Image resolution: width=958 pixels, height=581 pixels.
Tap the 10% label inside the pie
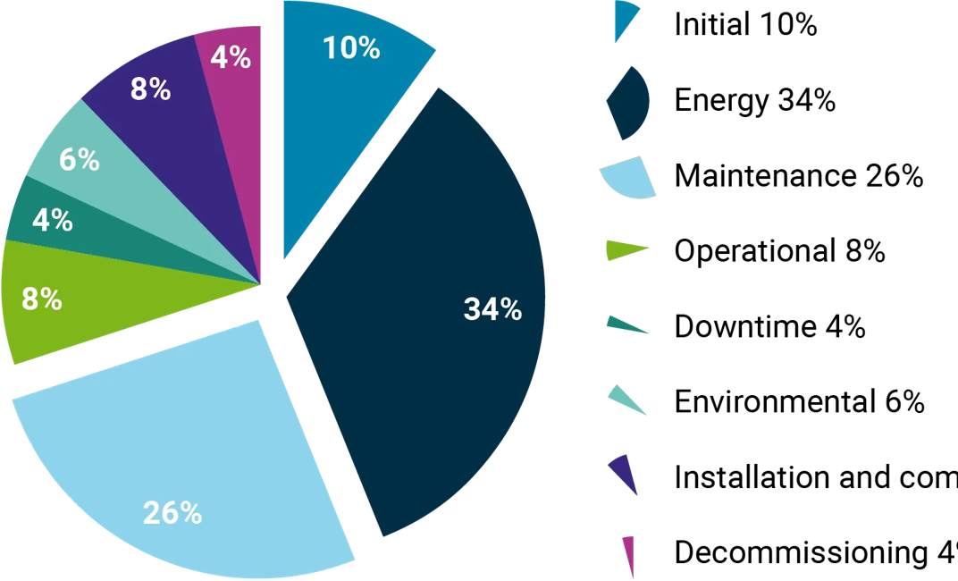[351, 47]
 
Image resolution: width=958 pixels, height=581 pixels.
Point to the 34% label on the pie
[492, 309]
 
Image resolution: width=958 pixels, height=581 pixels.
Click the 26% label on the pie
[172, 514]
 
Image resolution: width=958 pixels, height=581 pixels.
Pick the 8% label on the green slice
[41, 299]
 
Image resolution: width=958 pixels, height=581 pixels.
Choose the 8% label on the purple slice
[150, 89]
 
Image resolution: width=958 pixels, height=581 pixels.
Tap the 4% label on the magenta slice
[231, 57]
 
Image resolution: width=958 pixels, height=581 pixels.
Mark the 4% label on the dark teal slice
[52, 219]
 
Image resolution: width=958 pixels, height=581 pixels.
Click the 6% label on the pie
[79, 160]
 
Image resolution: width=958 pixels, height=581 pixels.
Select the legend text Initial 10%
[745, 25]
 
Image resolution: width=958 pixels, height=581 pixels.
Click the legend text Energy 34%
[755, 101]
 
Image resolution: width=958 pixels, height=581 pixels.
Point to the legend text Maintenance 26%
[798, 176]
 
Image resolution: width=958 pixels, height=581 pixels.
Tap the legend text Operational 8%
[779, 251]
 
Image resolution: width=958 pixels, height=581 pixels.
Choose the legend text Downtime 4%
[769, 326]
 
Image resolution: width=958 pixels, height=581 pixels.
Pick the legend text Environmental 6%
[799, 402]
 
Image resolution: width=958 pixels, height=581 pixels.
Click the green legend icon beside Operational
[626, 252]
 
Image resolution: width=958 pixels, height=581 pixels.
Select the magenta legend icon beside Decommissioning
[629, 554]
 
